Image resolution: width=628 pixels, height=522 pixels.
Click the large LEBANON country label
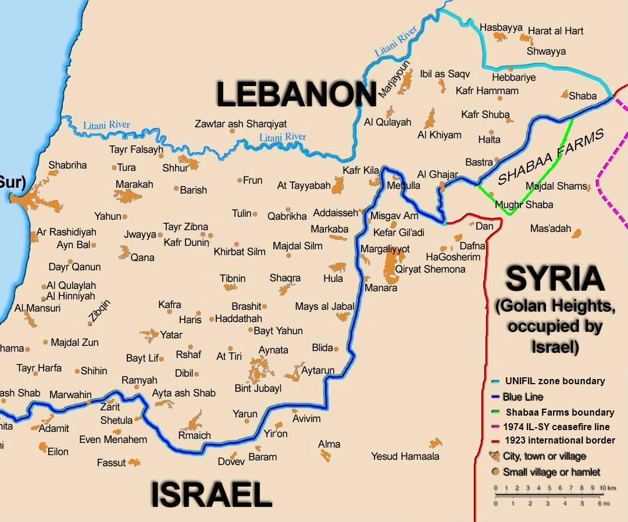coord(296,94)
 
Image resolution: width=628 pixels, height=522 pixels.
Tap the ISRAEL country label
coord(211,495)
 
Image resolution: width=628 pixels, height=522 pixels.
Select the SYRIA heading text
coord(555,280)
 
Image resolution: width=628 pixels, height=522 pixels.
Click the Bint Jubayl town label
coord(258,388)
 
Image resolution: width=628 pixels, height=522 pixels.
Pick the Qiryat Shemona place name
coord(430,269)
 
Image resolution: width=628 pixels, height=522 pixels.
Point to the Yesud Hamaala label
coord(405,457)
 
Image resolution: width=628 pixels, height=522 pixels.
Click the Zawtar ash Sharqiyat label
coord(240,124)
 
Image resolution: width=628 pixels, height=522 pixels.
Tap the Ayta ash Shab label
coord(183,393)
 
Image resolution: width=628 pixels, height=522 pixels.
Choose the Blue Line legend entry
coord(523,397)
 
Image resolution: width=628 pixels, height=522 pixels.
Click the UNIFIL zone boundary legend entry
coord(554,381)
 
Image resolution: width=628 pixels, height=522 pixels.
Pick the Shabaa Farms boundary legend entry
coord(559,412)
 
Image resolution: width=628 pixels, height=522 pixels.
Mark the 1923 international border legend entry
coord(559,440)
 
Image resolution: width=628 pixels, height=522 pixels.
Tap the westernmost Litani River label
coord(106,125)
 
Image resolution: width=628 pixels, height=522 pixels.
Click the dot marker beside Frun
coord(240,180)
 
